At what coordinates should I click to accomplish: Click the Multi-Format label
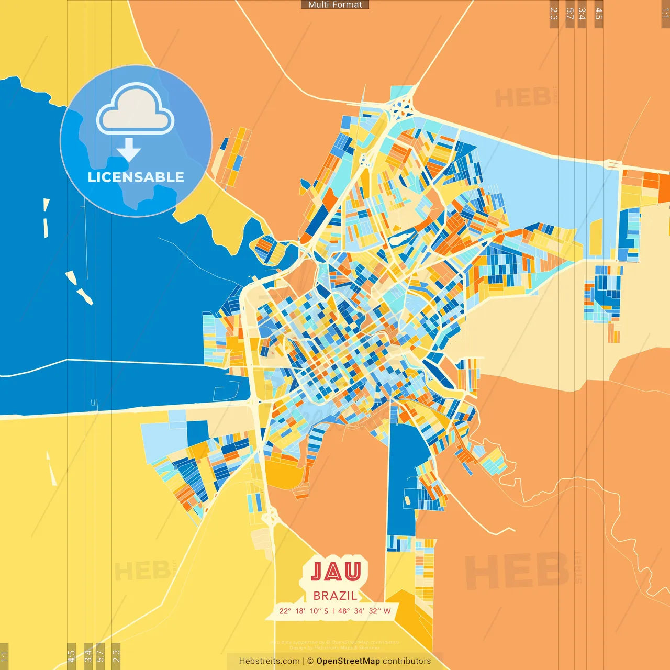tap(335, 5)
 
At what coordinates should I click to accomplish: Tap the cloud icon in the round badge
tap(136, 111)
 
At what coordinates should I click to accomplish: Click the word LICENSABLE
tap(136, 177)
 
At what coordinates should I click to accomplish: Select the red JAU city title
tap(336, 572)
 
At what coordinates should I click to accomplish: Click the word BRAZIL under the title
tap(335, 596)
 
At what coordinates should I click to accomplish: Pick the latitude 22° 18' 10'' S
tap(304, 611)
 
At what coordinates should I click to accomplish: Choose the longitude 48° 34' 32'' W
tap(364, 611)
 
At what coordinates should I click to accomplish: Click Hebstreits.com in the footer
tap(269, 661)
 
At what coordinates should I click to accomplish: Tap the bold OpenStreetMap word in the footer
tap(348, 661)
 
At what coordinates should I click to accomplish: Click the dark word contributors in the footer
tap(407, 661)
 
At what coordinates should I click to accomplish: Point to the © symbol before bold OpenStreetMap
tap(310, 661)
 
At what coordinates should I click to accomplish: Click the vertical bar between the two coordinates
tap(333, 611)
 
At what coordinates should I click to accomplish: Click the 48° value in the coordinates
tap(344, 611)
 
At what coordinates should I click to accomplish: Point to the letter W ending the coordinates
tap(387, 611)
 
